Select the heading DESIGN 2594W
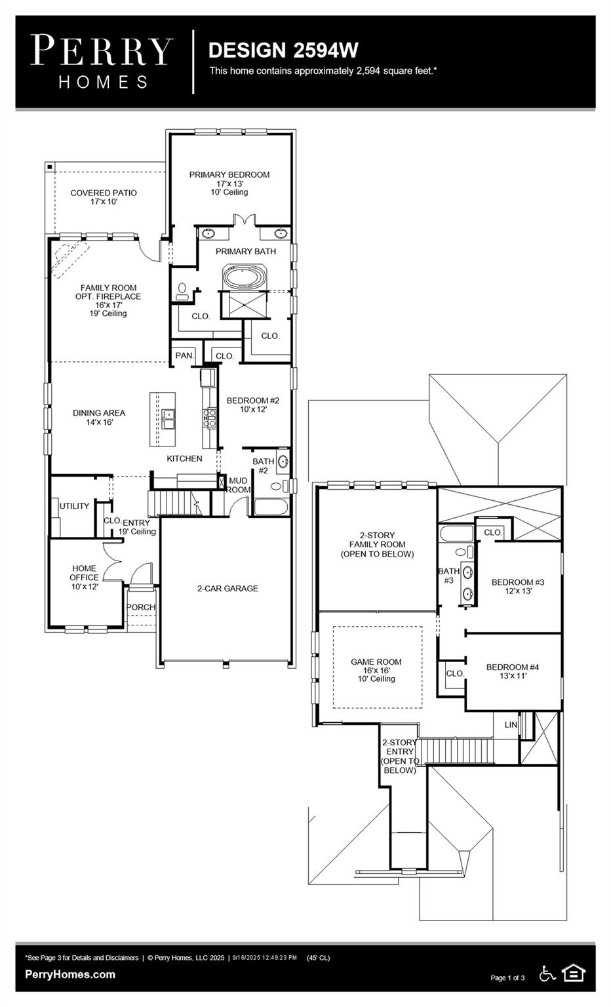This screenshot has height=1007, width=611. click(x=283, y=50)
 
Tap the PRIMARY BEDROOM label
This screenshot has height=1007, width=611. click(x=229, y=175)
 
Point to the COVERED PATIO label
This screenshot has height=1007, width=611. click(x=104, y=193)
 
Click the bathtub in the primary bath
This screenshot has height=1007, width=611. click(x=245, y=276)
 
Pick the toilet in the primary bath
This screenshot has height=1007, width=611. click(x=182, y=290)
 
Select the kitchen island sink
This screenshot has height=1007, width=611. click(x=168, y=418)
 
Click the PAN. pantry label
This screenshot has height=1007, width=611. click(x=184, y=355)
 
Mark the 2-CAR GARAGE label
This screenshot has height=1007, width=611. click(x=227, y=589)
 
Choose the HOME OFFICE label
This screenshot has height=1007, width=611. click(x=84, y=573)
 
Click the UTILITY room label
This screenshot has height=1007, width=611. click(x=74, y=506)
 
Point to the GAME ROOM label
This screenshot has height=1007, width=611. click(x=376, y=662)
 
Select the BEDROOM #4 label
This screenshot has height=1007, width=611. click(x=513, y=667)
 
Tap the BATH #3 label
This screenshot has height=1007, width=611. click(x=448, y=576)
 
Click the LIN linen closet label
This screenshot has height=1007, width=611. click(x=511, y=725)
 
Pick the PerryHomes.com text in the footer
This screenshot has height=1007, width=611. click(x=70, y=974)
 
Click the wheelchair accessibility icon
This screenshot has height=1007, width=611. click(x=547, y=974)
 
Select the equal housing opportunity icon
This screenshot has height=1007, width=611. click(x=574, y=974)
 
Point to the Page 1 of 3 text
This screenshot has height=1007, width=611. click(x=507, y=978)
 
